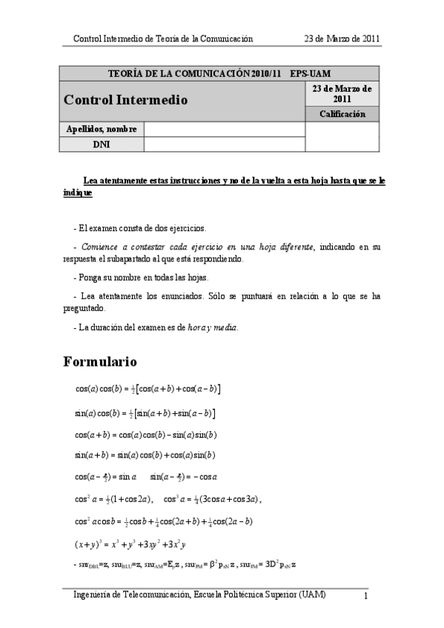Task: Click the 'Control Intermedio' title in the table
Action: [x=125, y=99]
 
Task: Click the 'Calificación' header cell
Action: [x=342, y=113]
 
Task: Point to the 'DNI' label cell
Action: [x=102, y=144]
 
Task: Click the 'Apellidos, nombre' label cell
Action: [x=102, y=129]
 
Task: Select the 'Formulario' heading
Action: [x=100, y=362]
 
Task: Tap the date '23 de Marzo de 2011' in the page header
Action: [x=343, y=39]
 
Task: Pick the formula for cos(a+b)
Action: [x=145, y=434]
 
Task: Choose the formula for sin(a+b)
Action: [x=145, y=455]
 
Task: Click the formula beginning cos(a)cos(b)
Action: [x=148, y=388]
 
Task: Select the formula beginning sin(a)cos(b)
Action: [x=145, y=412]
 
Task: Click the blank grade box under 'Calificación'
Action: [x=342, y=137]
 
